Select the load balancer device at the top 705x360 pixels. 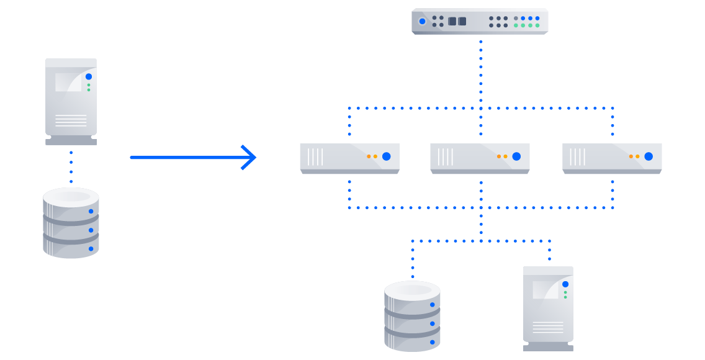(x=479, y=21)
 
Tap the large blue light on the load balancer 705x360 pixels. (x=422, y=21)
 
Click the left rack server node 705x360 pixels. (x=349, y=158)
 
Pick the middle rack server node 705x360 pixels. (x=480, y=158)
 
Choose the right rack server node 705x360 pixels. (x=611, y=158)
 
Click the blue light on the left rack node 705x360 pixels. (x=386, y=156)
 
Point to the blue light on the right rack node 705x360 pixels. (x=649, y=156)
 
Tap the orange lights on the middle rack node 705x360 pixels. (x=502, y=156)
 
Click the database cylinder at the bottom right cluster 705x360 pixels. (x=412, y=316)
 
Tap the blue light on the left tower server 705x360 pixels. (x=89, y=76)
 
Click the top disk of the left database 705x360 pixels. (x=71, y=198)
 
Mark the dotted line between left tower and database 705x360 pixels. (x=71, y=166)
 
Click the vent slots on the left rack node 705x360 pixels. (x=315, y=157)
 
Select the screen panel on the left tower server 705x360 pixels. (x=68, y=83)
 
